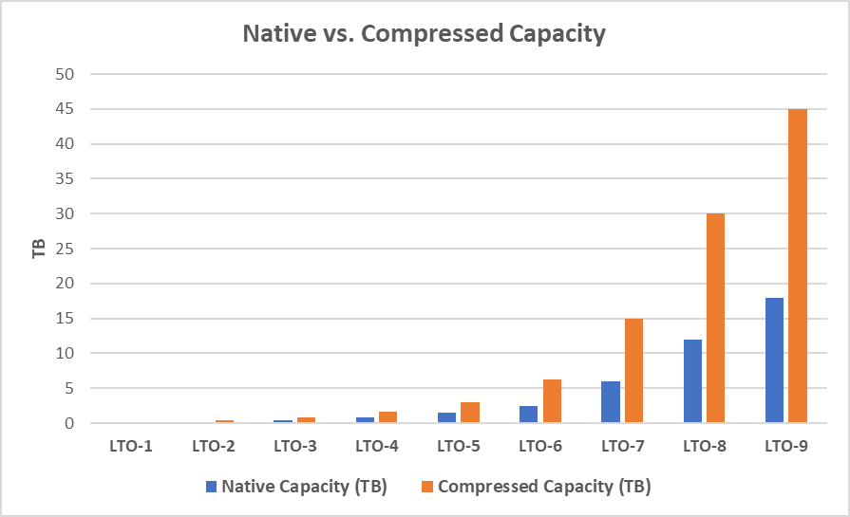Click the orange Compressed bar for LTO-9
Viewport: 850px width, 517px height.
[798, 267]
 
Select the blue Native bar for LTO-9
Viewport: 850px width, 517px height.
[774, 360]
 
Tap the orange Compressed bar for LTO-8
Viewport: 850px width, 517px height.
[715, 319]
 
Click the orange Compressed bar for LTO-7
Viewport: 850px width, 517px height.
[633, 371]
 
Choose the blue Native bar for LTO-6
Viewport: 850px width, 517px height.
[529, 415]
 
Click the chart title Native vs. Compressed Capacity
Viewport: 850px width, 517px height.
[424, 34]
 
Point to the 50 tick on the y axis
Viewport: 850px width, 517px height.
[66, 74]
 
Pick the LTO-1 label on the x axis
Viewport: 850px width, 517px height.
[132, 445]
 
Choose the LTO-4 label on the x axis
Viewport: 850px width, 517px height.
[377, 445]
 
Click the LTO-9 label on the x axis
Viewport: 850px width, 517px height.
[785, 445]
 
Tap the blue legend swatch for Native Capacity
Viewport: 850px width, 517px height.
[212, 487]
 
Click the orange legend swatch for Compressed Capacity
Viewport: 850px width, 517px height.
[427, 487]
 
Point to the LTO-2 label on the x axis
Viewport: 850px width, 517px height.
[214, 445]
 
